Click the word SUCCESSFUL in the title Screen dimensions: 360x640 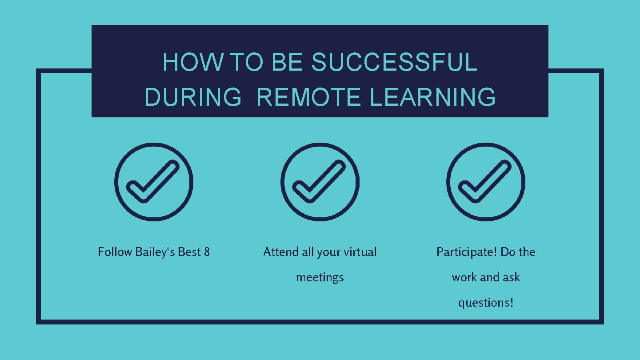pos(394,62)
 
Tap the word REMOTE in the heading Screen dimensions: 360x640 pos(309,97)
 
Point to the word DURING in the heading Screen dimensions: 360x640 pos(193,97)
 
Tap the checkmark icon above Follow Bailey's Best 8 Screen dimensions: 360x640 pos(154,182)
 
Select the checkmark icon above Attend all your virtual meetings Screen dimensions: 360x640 pos(320,182)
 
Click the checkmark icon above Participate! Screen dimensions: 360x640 pos(486,182)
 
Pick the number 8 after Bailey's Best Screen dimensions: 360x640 pos(207,252)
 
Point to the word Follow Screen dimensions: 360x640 pos(115,252)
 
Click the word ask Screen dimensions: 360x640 pos(511,277)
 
